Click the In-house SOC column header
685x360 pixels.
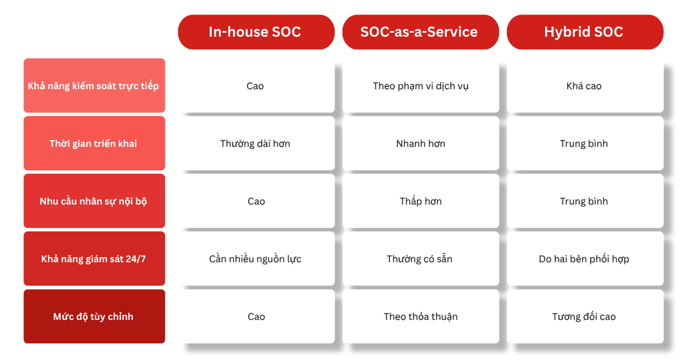[256, 32]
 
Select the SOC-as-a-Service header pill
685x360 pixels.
[420, 32]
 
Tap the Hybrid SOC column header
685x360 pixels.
[585, 32]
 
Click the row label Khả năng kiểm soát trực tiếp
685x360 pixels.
[94, 86]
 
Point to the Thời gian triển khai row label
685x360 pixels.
[94, 143]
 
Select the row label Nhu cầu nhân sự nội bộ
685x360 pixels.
[94, 201]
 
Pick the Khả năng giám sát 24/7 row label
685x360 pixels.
[94, 259]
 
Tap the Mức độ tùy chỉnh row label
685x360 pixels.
[94, 317]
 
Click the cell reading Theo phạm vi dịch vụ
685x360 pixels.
[420, 86]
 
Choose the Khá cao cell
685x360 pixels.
[585, 86]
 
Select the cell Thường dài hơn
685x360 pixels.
[256, 143]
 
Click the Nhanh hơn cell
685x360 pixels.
[420, 143]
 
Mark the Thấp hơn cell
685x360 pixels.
[420, 201]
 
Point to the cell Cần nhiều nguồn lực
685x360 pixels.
[256, 259]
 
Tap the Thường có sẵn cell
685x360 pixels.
[420, 259]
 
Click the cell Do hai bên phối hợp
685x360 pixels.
[585, 259]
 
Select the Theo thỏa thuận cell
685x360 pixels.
[420, 317]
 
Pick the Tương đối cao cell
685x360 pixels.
[585, 317]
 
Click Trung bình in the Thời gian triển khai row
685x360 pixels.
[585, 143]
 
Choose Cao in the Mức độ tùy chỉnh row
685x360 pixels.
[256, 317]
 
